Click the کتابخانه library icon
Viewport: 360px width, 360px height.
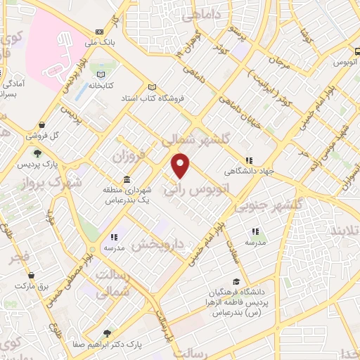click(x=103, y=75)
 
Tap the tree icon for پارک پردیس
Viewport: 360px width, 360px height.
click(x=37, y=154)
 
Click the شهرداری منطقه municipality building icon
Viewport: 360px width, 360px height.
click(x=127, y=179)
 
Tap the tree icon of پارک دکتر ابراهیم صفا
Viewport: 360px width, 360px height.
click(x=107, y=334)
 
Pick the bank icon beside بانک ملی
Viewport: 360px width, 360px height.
click(x=98, y=32)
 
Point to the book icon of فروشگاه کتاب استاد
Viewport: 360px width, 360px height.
click(x=150, y=88)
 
